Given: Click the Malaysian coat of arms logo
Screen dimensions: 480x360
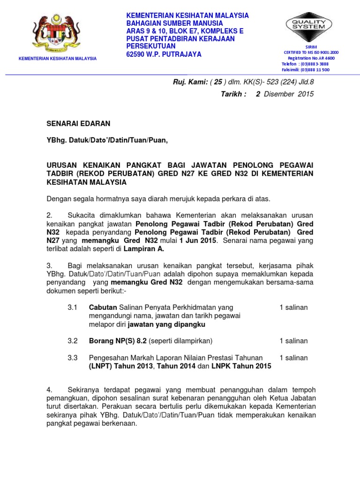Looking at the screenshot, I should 57,34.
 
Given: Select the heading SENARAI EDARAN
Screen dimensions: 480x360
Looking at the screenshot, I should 78,124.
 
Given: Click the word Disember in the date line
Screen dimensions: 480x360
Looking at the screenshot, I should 279,94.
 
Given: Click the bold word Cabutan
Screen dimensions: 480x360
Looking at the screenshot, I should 103,307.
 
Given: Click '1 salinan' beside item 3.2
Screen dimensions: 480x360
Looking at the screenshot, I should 293,341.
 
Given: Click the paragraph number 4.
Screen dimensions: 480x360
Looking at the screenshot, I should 49,390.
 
